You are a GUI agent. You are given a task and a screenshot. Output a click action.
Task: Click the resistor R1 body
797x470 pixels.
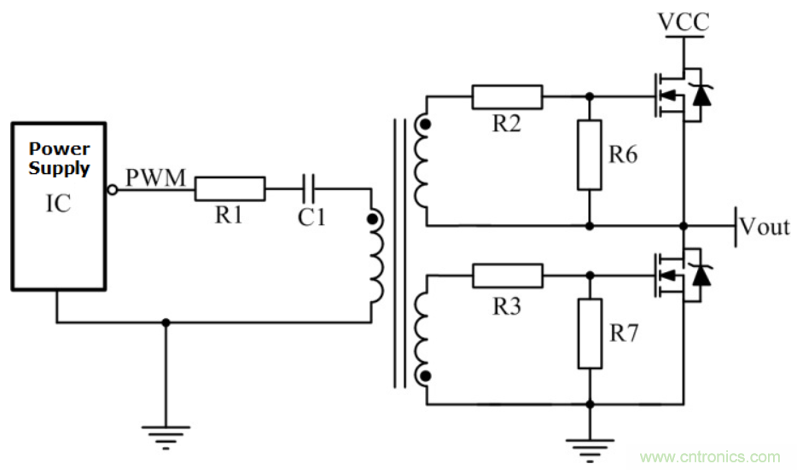(230, 189)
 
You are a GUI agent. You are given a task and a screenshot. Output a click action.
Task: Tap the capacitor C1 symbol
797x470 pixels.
(311, 189)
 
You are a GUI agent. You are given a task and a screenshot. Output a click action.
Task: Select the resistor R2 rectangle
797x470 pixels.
(507, 96)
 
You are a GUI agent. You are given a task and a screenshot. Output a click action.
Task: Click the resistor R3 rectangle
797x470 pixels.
(507, 276)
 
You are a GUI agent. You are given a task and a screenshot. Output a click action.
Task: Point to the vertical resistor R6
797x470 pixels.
(589, 154)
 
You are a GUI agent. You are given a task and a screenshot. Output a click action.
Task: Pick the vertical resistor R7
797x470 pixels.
(589, 333)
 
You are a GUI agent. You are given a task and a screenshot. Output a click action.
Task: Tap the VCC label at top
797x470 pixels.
(683, 22)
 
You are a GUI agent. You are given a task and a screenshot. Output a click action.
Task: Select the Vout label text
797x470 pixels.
(765, 227)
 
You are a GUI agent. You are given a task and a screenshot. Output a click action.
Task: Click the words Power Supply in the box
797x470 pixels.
(59, 159)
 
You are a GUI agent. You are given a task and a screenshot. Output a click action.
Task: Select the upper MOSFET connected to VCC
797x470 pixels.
(678, 96)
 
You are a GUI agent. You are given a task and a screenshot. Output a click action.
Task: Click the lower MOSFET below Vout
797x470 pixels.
(678, 276)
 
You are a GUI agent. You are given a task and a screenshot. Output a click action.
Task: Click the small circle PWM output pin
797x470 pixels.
(112, 189)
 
